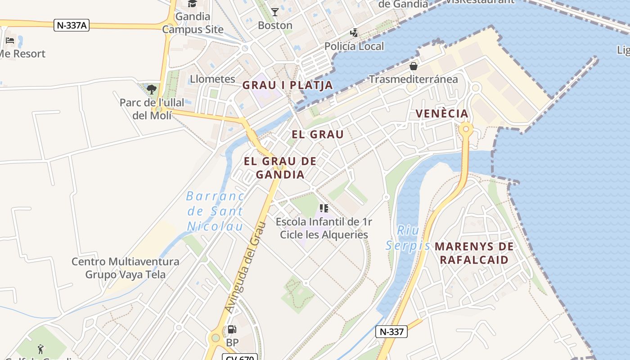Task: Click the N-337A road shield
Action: [x=72, y=25]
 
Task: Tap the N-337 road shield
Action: [x=391, y=332]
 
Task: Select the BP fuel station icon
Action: [x=232, y=330]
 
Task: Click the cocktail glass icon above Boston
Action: [x=275, y=12]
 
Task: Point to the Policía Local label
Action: [x=354, y=46]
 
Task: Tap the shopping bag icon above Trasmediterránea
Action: [x=413, y=67]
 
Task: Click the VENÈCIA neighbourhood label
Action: [x=442, y=113]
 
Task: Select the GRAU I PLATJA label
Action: [x=288, y=85]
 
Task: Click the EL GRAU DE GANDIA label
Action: [x=280, y=167]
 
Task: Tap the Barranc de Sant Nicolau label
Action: [x=215, y=211]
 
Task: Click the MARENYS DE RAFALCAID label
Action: [x=474, y=253]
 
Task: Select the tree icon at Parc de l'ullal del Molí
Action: [x=152, y=89]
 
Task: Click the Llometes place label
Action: [x=212, y=79]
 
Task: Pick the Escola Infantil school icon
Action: [x=324, y=208]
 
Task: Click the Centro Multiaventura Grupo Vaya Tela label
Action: [x=125, y=268]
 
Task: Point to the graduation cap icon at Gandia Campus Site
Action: [x=193, y=4]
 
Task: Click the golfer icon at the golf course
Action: [x=40, y=349]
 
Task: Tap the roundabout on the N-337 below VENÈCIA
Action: [x=466, y=130]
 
